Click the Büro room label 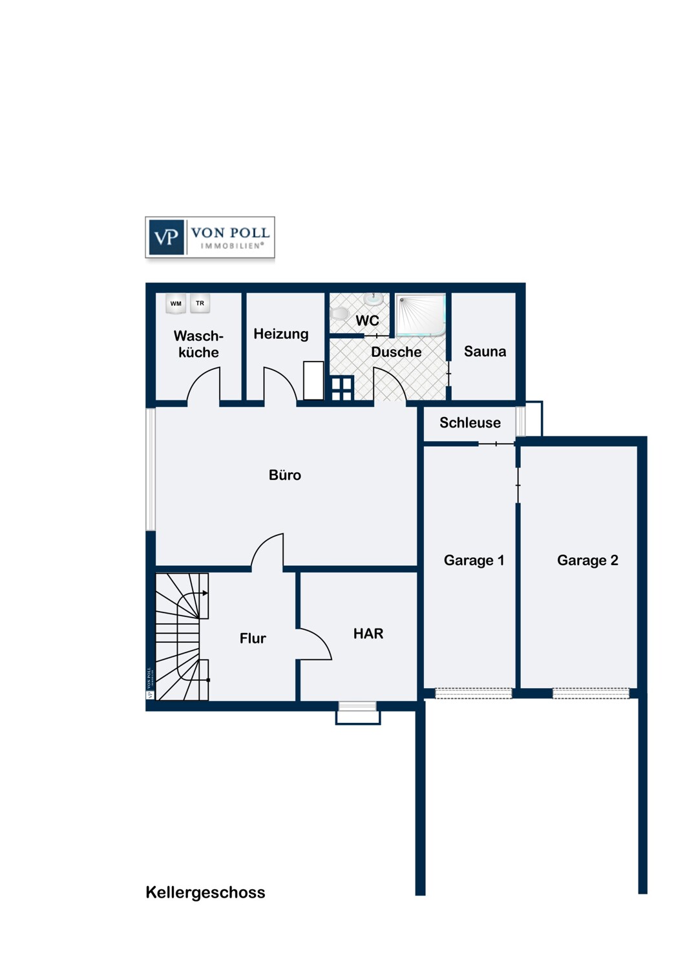pos(285,475)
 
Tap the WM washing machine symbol pos(176,303)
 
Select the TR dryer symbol pos(200,303)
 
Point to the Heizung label pos(281,334)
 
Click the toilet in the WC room pos(340,312)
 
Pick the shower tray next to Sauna pos(421,315)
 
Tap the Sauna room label pos(485,351)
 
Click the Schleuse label pos(470,422)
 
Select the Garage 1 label pos(474,561)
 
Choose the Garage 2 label pos(587,561)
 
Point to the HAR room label pos(368,634)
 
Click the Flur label pos(253,638)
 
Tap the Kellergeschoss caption pos(205,892)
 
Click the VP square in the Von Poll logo pos(166,237)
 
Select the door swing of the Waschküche pos(204,384)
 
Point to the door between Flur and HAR pos(315,644)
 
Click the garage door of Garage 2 pos(590,693)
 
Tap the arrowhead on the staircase pos(205,593)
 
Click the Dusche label pos(396,352)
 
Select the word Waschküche pos(198,344)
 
